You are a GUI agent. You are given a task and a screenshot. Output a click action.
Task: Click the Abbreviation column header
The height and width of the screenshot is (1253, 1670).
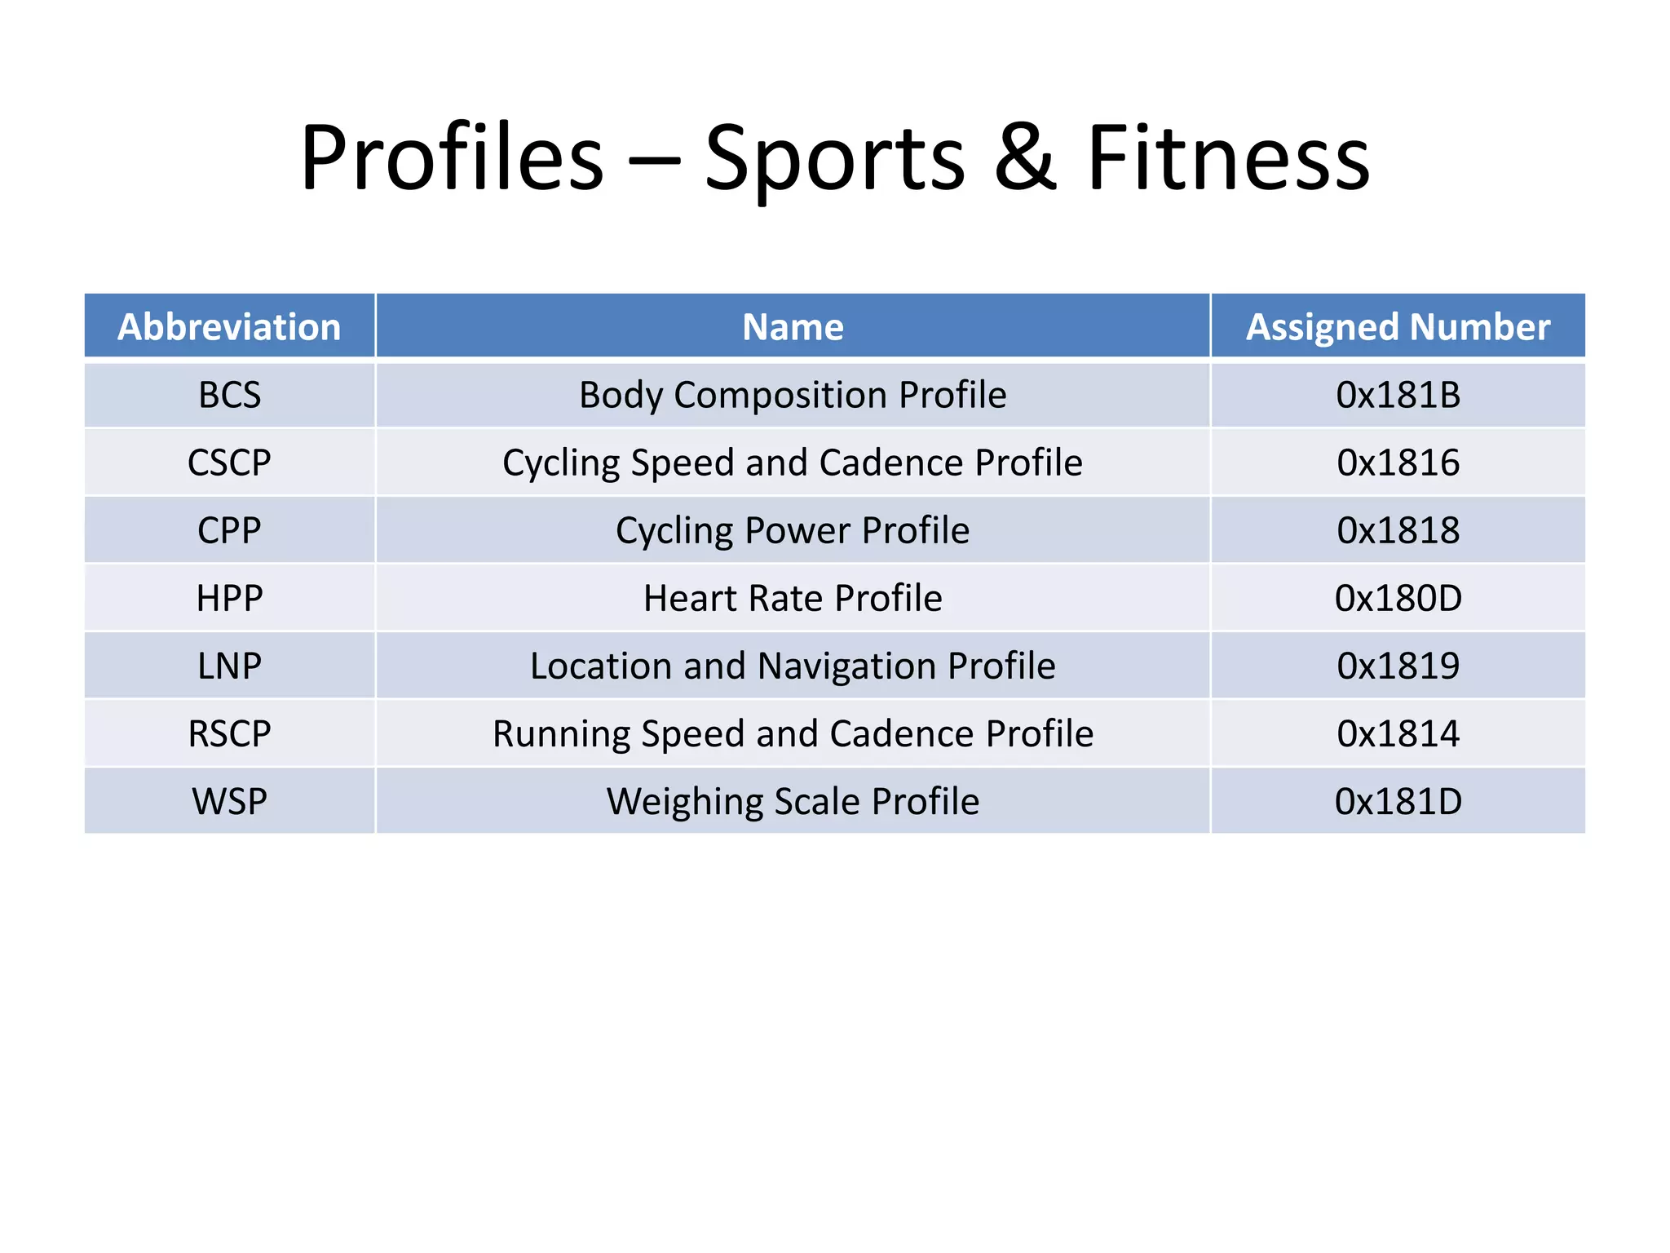click(229, 327)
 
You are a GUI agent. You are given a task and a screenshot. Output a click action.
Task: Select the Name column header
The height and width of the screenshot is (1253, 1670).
click(793, 327)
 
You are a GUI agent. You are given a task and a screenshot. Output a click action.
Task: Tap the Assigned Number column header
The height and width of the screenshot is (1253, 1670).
click(1398, 327)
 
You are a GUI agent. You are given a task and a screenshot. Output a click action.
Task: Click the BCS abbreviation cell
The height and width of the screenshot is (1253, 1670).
click(229, 395)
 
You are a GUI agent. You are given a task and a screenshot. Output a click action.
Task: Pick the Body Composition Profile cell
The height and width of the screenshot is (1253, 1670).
click(793, 395)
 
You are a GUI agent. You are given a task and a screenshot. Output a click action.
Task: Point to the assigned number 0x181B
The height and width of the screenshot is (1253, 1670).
click(1398, 395)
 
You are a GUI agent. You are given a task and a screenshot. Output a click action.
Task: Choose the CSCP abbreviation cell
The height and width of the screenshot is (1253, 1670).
click(229, 463)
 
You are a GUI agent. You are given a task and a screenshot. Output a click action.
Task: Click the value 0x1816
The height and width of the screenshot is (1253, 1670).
click(1398, 463)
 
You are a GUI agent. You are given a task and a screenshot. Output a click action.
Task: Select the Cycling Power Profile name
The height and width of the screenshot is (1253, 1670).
click(793, 530)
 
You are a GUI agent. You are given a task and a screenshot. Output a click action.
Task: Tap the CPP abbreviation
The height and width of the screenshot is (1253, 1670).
click(229, 530)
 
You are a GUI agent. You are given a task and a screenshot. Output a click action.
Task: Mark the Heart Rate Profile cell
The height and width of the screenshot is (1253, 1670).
click(793, 598)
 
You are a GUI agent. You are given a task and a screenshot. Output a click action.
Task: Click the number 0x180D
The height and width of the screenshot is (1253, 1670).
click(1398, 598)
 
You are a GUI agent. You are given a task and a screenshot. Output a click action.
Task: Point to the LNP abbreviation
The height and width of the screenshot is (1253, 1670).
click(229, 666)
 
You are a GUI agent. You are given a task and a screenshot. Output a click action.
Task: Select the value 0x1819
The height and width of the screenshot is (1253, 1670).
click(1398, 666)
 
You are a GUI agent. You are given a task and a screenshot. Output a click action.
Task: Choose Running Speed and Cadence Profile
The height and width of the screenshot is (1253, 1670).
click(793, 733)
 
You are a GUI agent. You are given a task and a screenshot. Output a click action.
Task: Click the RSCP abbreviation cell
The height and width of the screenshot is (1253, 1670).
click(229, 733)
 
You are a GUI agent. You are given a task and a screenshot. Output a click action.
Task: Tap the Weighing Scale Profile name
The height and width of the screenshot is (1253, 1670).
click(793, 801)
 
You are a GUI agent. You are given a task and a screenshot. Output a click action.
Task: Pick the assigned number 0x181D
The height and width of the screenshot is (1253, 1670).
click(1398, 801)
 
